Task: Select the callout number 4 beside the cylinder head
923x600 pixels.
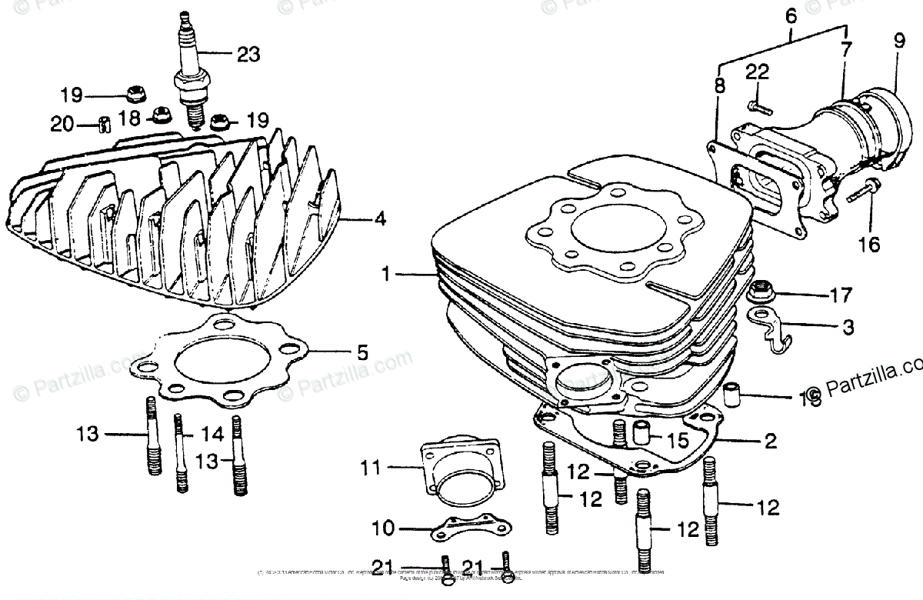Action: point(379,219)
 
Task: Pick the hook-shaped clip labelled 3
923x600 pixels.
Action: point(771,329)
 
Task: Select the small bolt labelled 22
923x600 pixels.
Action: point(757,106)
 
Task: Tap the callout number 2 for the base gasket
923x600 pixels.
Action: point(770,442)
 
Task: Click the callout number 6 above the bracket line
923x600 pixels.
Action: point(790,15)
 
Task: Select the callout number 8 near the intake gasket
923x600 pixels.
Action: point(718,86)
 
